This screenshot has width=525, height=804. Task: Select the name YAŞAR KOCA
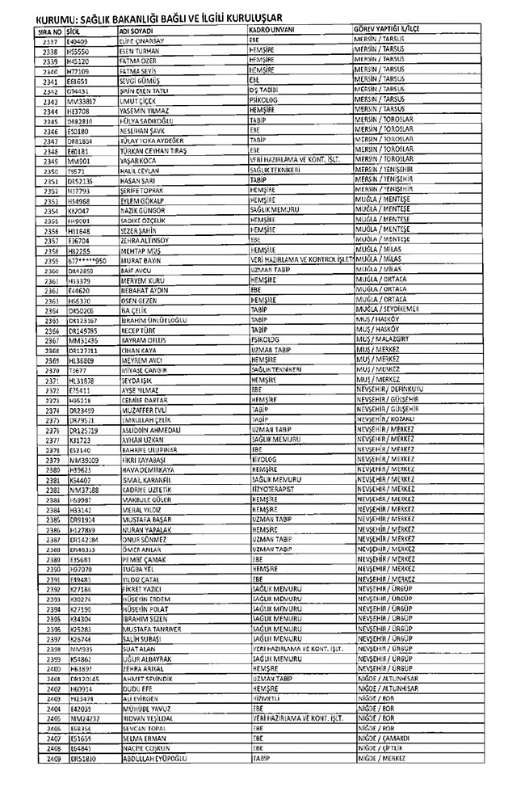pyautogui.click(x=140, y=161)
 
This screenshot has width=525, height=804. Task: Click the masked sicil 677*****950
pyautogui.click(x=87, y=261)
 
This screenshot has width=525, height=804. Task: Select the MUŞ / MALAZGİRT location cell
pyautogui.click(x=384, y=340)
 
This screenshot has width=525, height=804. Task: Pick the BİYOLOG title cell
pyautogui.click(x=263, y=459)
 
